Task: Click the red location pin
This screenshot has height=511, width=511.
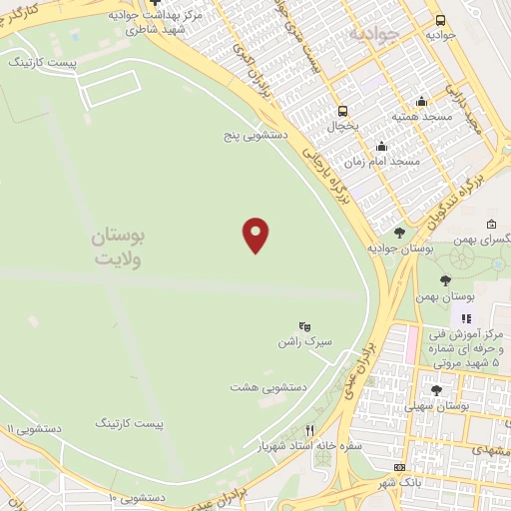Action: click(x=256, y=235)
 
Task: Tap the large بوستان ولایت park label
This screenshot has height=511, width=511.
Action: click(x=119, y=248)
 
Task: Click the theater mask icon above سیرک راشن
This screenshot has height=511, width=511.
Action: click(x=305, y=325)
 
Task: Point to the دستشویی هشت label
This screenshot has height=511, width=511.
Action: click(x=268, y=385)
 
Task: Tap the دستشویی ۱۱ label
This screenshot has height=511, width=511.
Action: click(x=35, y=427)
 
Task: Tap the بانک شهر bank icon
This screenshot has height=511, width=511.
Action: click(x=400, y=467)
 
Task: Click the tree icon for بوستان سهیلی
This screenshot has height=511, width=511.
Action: click(x=435, y=390)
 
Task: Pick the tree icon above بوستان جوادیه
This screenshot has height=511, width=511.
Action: click(x=399, y=233)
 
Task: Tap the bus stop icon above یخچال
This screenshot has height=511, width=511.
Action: click(x=343, y=111)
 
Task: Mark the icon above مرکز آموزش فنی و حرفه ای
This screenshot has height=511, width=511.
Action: click(x=465, y=318)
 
